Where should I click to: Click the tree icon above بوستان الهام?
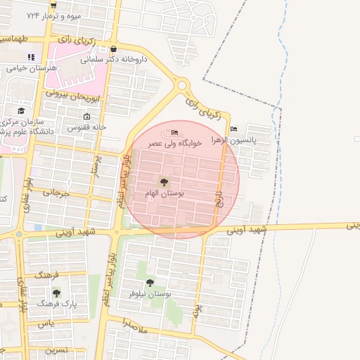point(163,182)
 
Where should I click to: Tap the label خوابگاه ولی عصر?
point(174,143)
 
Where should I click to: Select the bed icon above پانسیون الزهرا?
point(233,129)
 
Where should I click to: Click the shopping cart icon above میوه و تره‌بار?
point(53,5)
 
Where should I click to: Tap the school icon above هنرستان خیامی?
point(30,58)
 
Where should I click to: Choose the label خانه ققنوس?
point(86,127)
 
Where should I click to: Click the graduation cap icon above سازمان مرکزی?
point(21,111)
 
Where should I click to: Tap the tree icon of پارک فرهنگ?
point(56,292)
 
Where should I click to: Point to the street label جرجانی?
point(56,192)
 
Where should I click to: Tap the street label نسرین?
point(56,349)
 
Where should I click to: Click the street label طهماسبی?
point(17,39)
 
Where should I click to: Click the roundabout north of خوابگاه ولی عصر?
point(183,86)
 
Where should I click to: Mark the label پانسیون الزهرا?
point(251,140)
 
